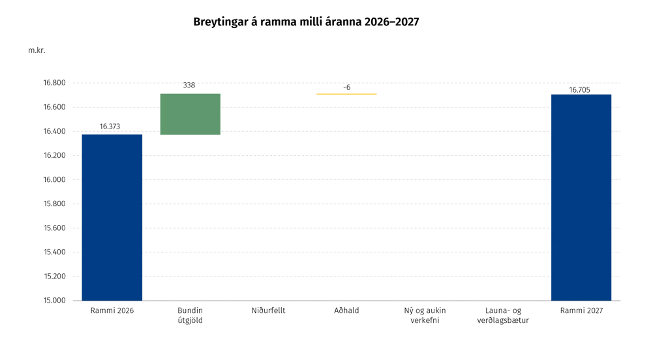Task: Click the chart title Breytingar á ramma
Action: [x=306, y=22]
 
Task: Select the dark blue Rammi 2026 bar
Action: [x=112, y=218]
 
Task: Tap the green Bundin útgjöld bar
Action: [x=190, y=114]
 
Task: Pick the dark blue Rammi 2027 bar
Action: [x=581, y=198]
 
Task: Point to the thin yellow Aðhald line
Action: [x=347, y=94]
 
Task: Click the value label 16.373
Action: [x=110, y=127]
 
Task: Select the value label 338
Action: [x=189, y=85]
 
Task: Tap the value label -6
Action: [x=347, y=87]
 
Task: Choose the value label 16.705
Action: [x=579, y=90]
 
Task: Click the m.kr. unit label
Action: [x=37, y=50]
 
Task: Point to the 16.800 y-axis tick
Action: [x=55, y=83]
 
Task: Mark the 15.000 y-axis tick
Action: [x=55, y=301]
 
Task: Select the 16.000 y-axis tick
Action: [x=55, y=179]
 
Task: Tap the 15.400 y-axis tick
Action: [x=55, y=252]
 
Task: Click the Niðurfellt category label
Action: [x=268, y=310]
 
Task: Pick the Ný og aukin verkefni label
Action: [x=425, y=315]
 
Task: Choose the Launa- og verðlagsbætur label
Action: [x=503, y=315]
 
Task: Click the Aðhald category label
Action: [x=347, y=310]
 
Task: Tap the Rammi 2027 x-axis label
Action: [x=581, y=310]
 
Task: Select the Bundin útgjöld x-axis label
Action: [x=190, y=315]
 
